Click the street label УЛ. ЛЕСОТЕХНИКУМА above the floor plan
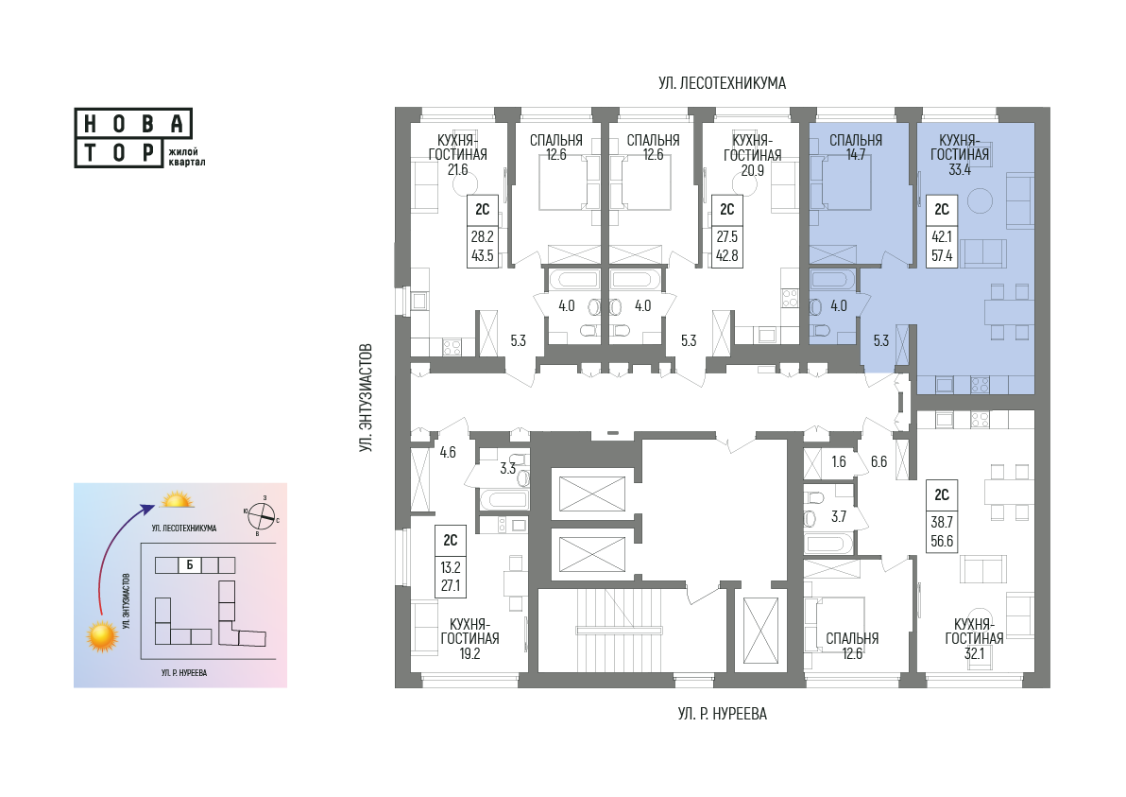click(722, 83)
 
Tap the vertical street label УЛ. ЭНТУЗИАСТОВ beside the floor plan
click(367, 398)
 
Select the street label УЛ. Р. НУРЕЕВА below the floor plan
click(723, 714)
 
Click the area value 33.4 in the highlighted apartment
click(960, 169)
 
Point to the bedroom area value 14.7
click(855, 154)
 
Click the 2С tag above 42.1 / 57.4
click(942, 209)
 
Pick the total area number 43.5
click(482, 255)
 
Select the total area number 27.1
click(451, 586)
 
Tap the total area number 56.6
click(942, 541)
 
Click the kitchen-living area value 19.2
click(469, 653)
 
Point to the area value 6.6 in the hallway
click(879, 462)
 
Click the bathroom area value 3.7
click(838, 516)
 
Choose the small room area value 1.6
click(838, 462)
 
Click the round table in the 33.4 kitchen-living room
click(980, 200)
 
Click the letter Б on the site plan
click(190, 564)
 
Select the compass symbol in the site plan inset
click(262, 514)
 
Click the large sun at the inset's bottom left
click(102, 636)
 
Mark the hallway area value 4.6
click(448, 453)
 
